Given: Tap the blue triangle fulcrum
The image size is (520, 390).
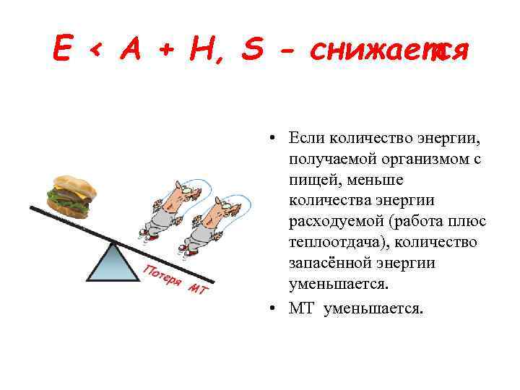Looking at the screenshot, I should click(x=114, y=261).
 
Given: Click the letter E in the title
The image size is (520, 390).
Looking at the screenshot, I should click(x=63, y=50).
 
